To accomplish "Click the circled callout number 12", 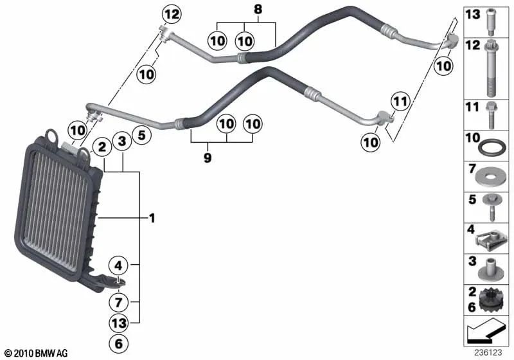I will [171, 12].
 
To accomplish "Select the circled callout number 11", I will [400, 101].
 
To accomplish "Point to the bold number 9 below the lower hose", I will [207, 156].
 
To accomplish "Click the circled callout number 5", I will [141, 136].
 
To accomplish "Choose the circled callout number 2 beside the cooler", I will [101, 147].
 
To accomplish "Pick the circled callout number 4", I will [118, 264].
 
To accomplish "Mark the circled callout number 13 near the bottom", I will [118, 323].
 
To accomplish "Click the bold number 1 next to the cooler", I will [152, 219].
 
